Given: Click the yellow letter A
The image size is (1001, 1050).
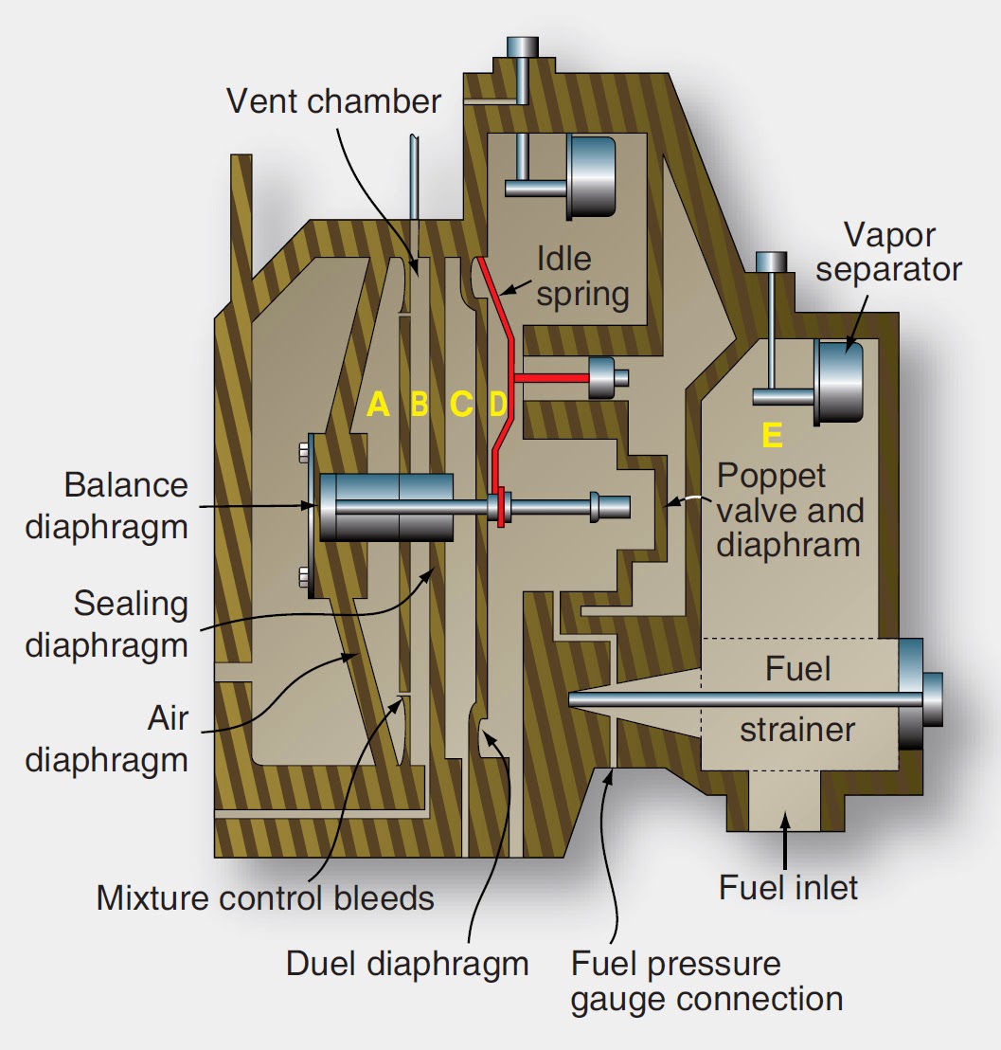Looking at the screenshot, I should (378, 405).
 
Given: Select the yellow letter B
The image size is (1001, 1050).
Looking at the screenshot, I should (420, 405).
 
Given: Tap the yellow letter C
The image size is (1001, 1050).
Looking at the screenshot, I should (460, 405).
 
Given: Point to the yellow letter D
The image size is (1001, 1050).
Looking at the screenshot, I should (498, 405).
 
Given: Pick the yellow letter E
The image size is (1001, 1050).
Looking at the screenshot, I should (772, 435).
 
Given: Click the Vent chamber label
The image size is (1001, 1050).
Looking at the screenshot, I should (333, 100).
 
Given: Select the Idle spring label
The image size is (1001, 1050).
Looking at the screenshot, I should (581, 276).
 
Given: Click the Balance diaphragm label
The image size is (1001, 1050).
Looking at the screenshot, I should (106, 505).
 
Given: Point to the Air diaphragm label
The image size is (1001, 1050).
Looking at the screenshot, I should (106, 739).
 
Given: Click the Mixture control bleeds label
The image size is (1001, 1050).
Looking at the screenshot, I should (265, 896).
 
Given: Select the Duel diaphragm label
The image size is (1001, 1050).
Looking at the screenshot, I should (407, 963).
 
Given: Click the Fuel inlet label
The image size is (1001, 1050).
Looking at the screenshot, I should (788, 887).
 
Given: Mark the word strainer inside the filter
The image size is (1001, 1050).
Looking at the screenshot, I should (796, 730).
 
